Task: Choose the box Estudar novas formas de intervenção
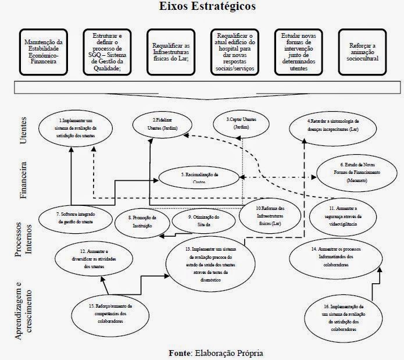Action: [298, 51]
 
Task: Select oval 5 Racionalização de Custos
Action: [199, 177]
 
